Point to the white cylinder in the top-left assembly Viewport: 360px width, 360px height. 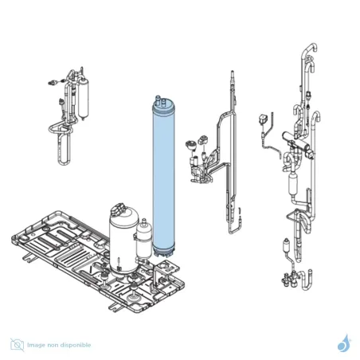pyautogui.click(x=83, y=98)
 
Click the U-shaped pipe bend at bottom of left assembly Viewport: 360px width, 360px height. pyautogui.click(x=65, y=149)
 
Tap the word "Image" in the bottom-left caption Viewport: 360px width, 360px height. pyautogui.click(x=36, y=345)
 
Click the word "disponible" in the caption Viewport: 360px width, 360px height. pyautogui.click(x=77, y=345)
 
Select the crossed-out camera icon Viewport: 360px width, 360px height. pyautogui.click(x=18, y=345)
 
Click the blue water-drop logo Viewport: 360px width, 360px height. pyautogui.click(x=344, y=343)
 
